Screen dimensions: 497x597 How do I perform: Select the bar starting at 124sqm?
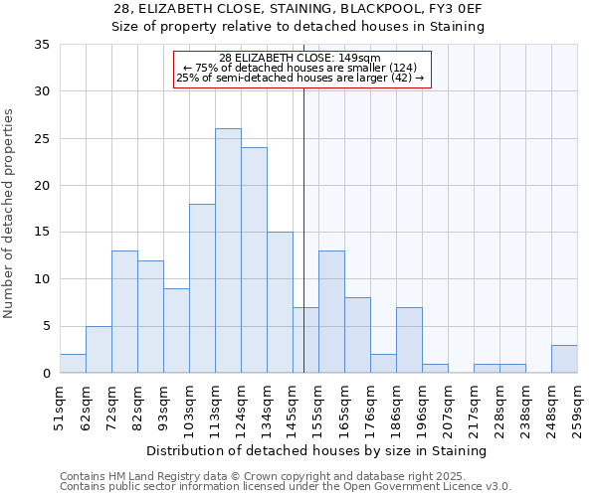tap(254, 259)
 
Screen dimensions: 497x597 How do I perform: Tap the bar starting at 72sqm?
tap(124, 311)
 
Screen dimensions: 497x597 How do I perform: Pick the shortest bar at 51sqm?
tap(73, 363)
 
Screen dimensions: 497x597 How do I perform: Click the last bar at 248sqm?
tap(564, 359)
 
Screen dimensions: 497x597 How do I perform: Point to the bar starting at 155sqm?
tap(331, 311)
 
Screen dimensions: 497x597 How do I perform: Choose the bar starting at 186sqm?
tap(409, 340)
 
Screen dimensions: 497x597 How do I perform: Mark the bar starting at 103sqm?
tap(202, 288)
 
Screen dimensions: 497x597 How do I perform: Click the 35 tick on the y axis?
tap(42, 45)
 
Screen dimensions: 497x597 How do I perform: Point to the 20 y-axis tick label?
tap(42, 186)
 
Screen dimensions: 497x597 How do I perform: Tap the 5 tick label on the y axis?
tap(46, 327)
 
